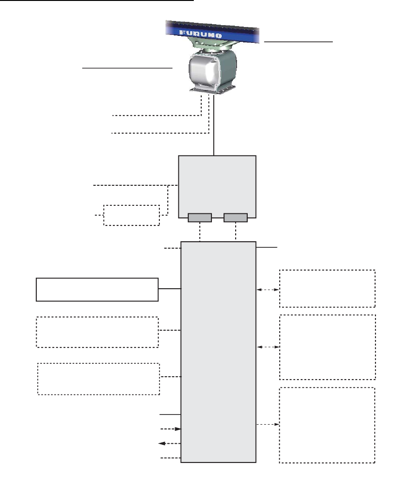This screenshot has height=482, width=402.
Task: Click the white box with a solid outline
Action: [x=97, y=289]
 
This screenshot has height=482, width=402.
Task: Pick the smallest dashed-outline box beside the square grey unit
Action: [x=132, y=215]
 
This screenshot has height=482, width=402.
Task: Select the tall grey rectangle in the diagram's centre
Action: [x=218, y=352]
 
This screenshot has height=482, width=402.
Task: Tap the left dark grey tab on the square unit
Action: [x=200, y=217]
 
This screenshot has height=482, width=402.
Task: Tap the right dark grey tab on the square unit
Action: [x=236, y=217]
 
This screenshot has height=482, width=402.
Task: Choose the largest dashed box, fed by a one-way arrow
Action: [x=327, y=425]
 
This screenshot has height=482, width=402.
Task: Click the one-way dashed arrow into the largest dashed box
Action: [x=268, y=425]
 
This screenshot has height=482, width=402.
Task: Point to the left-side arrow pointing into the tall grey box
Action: [x=170, y=429]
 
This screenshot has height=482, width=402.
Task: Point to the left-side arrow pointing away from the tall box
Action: [x=170, y=444]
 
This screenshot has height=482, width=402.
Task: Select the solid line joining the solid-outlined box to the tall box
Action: [x=170, y=289]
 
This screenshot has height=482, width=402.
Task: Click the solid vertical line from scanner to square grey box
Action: [x=214, y=126]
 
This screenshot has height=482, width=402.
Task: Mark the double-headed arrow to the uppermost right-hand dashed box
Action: [x=268, y=290]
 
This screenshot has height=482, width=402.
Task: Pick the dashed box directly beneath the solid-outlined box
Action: [x=97, y=332]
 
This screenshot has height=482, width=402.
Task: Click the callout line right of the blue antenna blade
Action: [x=298, y=41]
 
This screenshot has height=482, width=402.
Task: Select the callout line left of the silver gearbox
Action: [x=127, y=68]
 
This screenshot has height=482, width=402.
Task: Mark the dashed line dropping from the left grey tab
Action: [x=200, y=231]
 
